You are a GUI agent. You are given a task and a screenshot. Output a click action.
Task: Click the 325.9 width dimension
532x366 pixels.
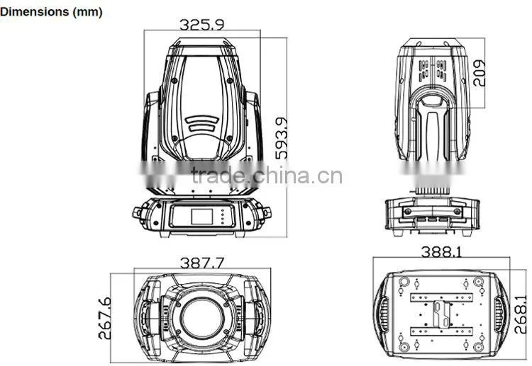coord(201,24)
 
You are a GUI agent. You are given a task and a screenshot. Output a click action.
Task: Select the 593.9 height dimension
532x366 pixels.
coord(282,138)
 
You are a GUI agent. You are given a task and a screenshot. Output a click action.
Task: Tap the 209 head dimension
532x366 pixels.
coord(479,73)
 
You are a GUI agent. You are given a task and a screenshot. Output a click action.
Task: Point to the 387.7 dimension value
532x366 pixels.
coord(202,263)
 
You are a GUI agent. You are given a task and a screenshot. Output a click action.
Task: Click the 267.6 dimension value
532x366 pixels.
coord(104,319)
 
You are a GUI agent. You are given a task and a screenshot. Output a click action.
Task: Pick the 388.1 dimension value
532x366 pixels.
coord(441,252)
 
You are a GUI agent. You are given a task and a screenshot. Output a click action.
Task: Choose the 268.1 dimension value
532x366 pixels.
coord(521,314)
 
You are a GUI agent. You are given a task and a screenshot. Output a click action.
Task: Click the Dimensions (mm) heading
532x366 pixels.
coord(51,12)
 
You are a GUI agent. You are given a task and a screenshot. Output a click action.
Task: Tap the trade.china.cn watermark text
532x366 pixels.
coord(267,176)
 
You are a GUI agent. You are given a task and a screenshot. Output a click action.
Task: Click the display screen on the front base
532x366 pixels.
coord(202,217)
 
